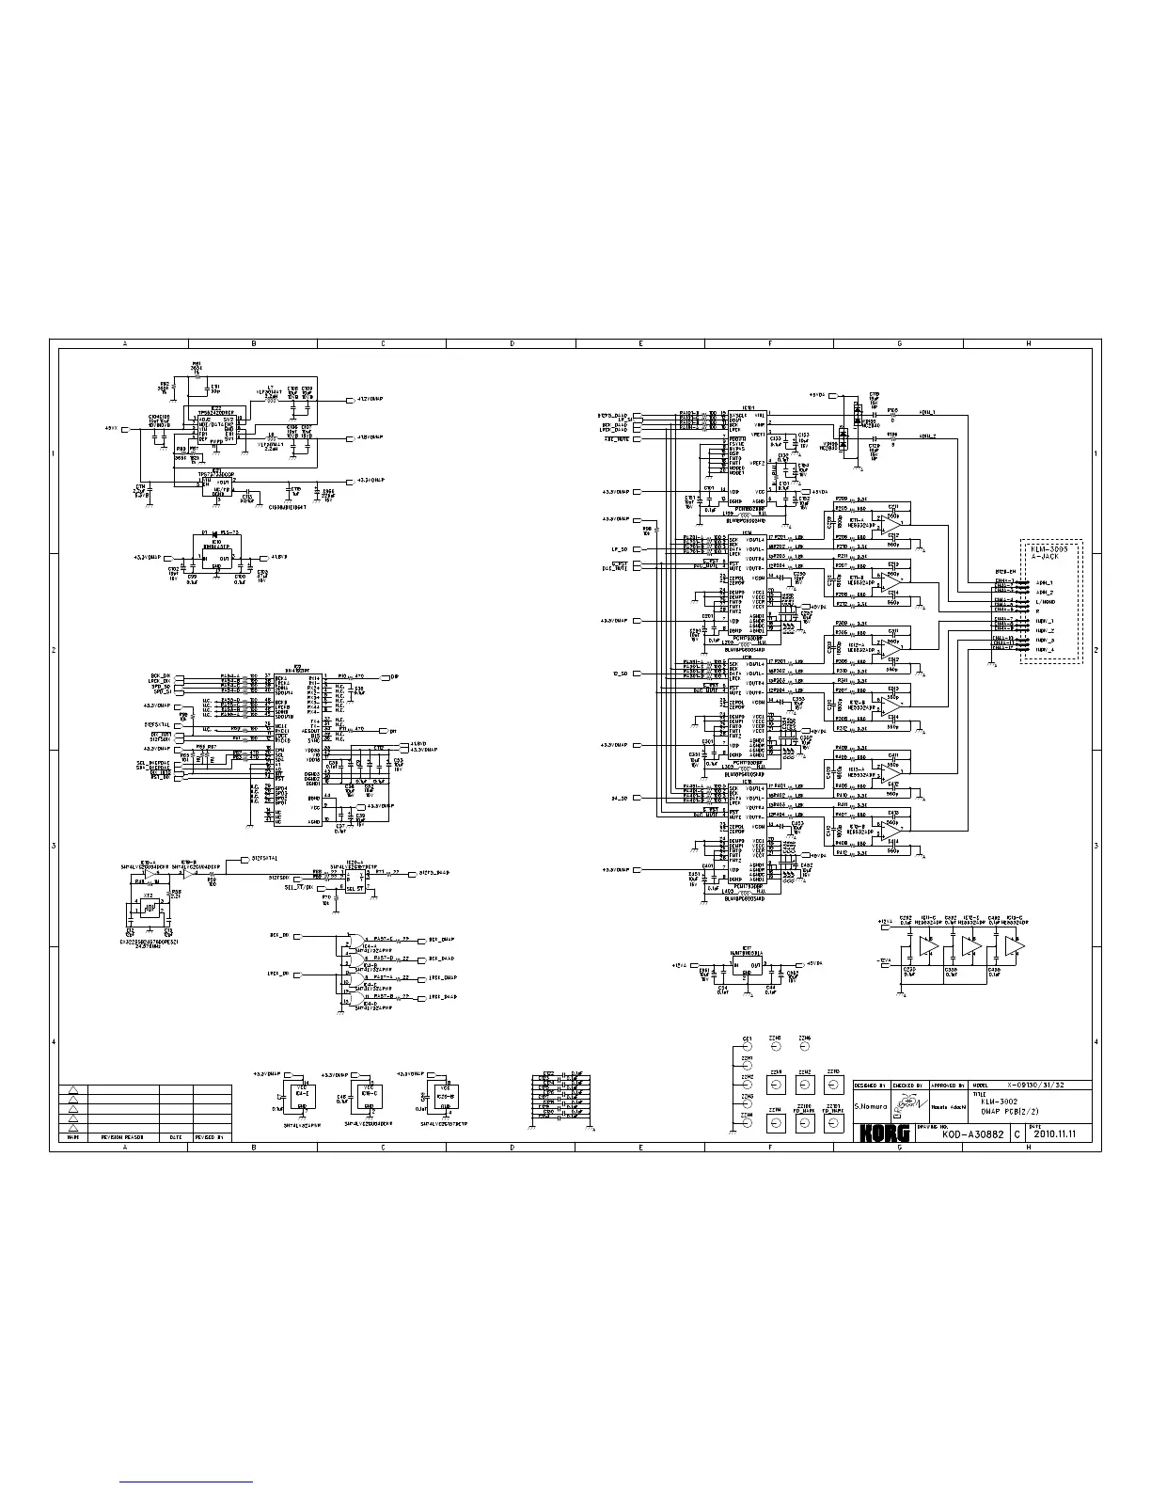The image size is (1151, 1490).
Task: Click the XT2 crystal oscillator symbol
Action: tap(148, 910)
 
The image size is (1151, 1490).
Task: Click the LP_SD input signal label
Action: tap(618, 548)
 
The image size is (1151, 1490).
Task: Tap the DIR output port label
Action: tap(394, 677)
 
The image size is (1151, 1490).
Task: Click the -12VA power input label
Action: tap(883, 960)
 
